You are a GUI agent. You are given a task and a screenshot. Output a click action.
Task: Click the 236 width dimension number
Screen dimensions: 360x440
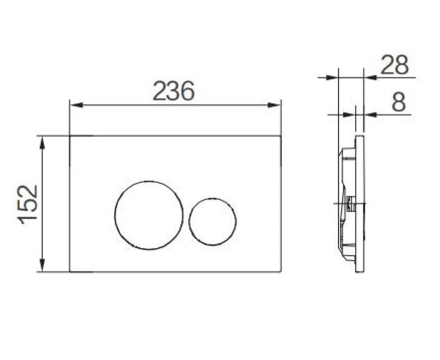[173, 92]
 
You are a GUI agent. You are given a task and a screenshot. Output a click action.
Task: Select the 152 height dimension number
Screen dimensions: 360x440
[28, 204]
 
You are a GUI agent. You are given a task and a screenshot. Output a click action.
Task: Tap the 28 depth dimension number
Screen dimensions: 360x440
[395, 66]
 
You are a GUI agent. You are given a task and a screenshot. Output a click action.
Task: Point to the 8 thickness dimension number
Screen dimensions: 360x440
[398, 102]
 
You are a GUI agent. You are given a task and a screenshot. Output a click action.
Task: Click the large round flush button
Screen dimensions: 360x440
[149, 215]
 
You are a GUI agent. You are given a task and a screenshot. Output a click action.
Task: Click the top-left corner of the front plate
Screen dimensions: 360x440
[70, 136]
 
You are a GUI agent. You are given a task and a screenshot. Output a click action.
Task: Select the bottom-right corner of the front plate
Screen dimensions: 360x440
[281, 271]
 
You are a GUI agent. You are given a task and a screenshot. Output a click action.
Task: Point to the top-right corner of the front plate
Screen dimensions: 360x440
[281, 136]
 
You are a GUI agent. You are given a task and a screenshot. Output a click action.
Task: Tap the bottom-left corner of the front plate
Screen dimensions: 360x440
[70, 271]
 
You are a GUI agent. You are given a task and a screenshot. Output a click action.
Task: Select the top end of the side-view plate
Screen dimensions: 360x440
[360, 137]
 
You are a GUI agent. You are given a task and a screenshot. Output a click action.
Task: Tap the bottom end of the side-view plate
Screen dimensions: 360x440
[360, 271]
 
